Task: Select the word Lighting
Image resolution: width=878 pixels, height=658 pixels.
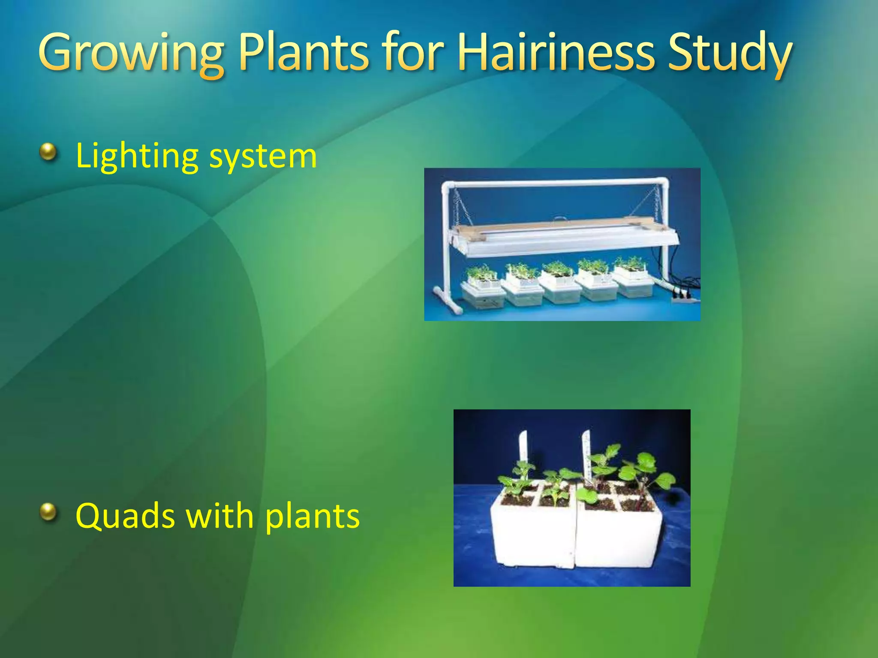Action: click(137, 156)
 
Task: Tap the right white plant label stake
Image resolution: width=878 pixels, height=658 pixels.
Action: click(586, 454)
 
